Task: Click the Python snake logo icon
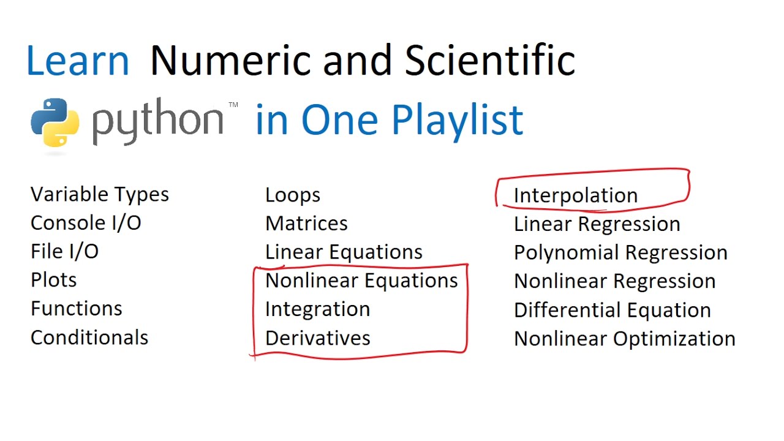(x=55, y=123)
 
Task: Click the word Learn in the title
(x=78, y=61)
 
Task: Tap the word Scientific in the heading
(x=489, y=61)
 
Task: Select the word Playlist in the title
(x=457, y=119)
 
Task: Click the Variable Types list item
(x=99, y=195)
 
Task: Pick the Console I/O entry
(x=86, y=223)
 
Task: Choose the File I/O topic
(x=64, y=252)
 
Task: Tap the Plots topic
(x=54, y=280)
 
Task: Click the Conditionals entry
(x=89, y=337)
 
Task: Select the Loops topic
(x=293, y=195)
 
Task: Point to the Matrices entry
(x=306, y=224)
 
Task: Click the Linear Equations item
(x=344, y=252)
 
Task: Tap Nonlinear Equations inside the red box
(x=361, y=281)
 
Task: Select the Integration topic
(x=317, y=309)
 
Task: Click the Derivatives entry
(x=317, y=338)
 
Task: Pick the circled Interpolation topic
(x=576, y=195)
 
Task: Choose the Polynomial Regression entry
(x=620, y=252)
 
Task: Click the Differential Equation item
(x=612, y=310)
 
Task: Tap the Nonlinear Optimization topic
(x=625, y=339)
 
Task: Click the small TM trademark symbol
(x=233, y=105)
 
